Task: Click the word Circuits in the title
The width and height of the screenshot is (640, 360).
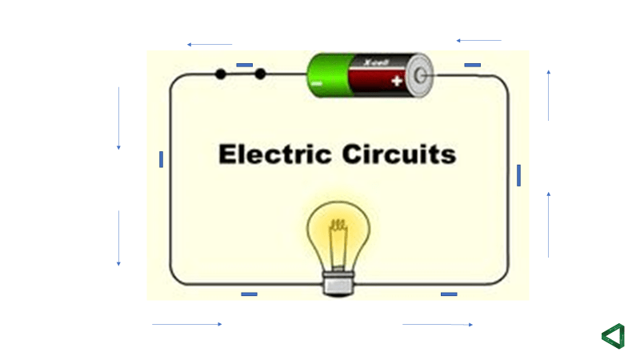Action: tap(397, 154)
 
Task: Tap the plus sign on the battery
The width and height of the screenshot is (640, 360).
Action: tap(396, 81)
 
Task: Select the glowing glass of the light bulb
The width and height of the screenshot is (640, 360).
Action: tap(338, 232)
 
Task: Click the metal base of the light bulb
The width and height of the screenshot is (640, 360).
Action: tap(338, 282)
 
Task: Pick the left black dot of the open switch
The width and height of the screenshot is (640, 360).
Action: tap(220, 74)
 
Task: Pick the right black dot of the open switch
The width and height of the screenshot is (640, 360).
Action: tap(260, 74)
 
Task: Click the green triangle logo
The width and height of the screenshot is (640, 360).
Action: tap(613, 335)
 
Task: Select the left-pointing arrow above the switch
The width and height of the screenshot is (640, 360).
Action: tap(209, 45)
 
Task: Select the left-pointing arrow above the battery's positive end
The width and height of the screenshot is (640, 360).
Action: tap(478, 40)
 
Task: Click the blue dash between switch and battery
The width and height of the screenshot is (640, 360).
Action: tap(245, 65)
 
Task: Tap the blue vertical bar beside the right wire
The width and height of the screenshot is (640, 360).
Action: tap(518, 174)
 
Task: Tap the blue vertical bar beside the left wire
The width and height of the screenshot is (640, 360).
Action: tap(161, 159)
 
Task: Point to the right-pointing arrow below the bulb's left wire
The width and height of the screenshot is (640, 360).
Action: tap(187, 324)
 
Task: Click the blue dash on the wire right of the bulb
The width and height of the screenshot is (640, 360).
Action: tap(449, 294)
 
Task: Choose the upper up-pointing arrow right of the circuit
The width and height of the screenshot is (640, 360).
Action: tap(548, 95)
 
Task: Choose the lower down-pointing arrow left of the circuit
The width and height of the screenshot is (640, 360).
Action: tap(118, 238)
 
